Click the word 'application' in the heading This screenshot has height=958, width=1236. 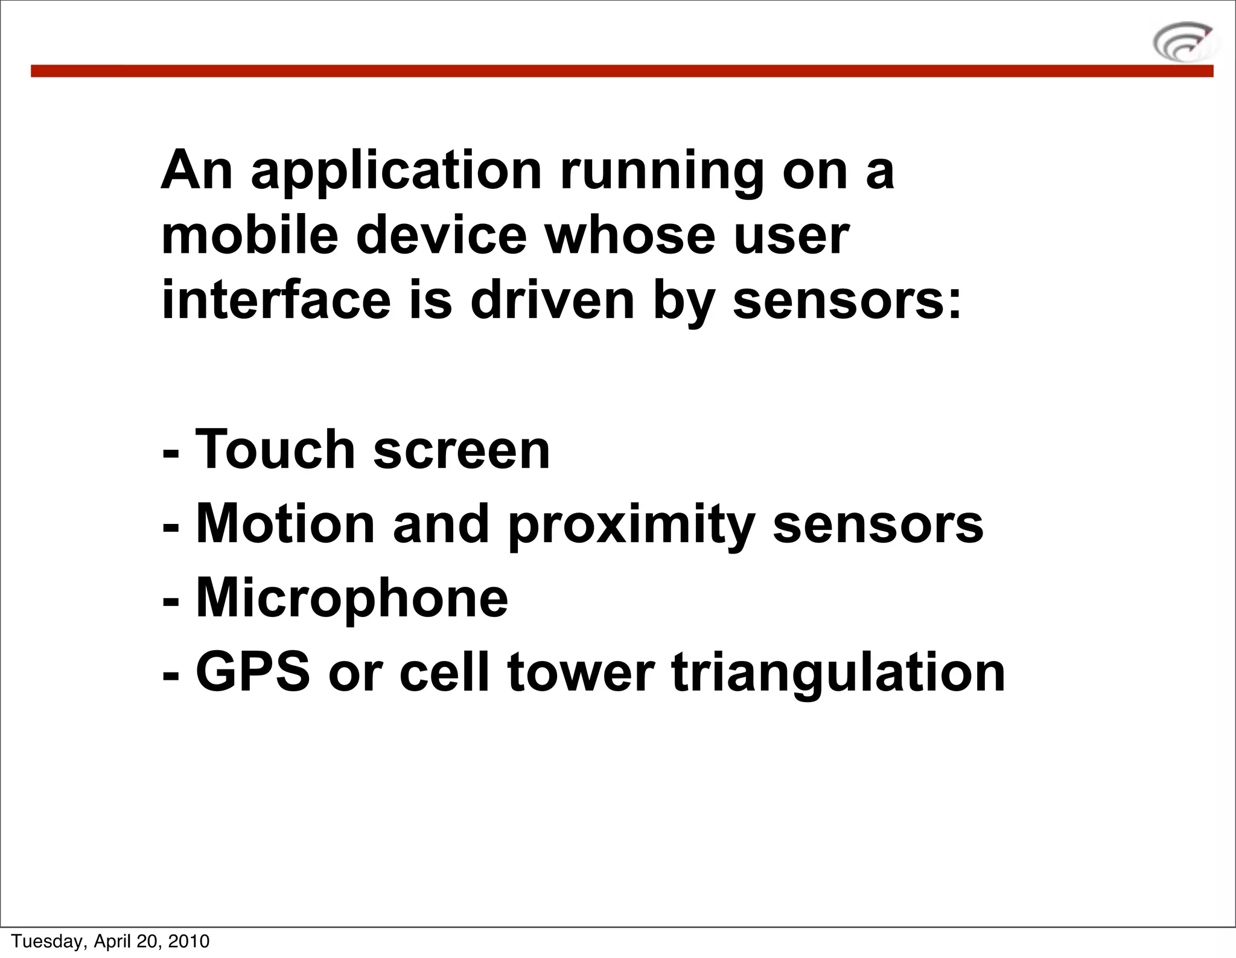(x=396, y=172)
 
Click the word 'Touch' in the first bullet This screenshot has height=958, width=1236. (x=275, y=449)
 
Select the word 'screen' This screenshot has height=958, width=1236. (x=462, y=450)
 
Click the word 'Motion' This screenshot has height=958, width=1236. (x=285, y=524)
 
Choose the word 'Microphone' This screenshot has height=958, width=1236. (x=352, y=598)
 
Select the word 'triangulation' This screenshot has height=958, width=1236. (x=838, y=673)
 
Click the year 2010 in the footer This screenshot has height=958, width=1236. (x=188, y=941)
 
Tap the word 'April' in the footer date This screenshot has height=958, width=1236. (x=112, y=941)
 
